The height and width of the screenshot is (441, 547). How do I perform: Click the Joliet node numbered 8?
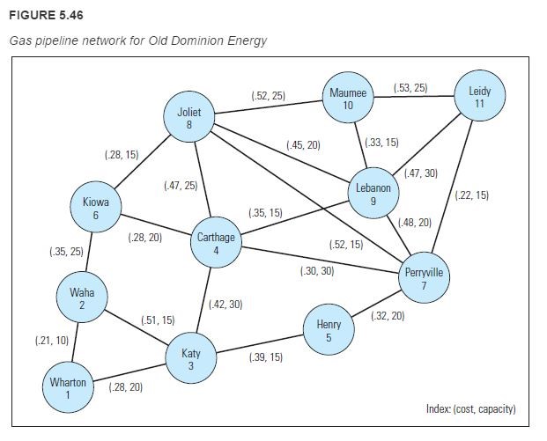189,118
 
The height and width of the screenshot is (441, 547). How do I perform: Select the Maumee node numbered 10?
348,98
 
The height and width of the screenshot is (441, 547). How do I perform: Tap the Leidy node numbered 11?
479,97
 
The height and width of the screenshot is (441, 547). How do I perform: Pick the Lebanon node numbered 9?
373,195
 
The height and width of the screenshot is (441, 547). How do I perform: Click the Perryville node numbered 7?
424,279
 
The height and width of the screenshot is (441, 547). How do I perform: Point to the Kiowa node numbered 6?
95,209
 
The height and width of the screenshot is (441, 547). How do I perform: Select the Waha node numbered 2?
82,298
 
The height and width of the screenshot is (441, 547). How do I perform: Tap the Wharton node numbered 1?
68,388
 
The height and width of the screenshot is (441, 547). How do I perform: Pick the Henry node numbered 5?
328,331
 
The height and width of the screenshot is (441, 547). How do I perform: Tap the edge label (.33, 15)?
381,142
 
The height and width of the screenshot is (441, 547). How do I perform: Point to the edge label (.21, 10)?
51,340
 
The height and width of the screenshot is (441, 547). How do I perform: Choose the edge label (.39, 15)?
265,356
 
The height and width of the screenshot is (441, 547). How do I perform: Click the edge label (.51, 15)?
158,320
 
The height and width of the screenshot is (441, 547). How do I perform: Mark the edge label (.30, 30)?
316,271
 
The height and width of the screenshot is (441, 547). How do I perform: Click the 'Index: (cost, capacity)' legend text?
470,409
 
